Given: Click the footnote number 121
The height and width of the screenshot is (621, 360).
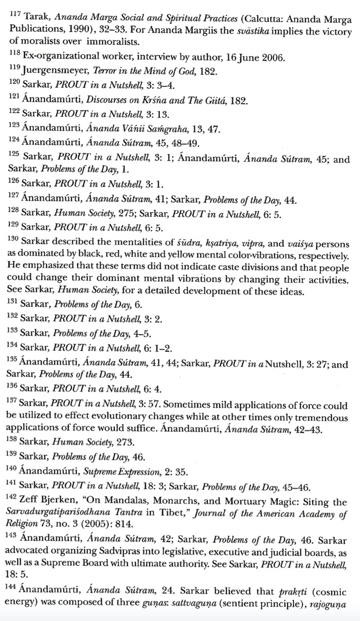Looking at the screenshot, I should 13,97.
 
